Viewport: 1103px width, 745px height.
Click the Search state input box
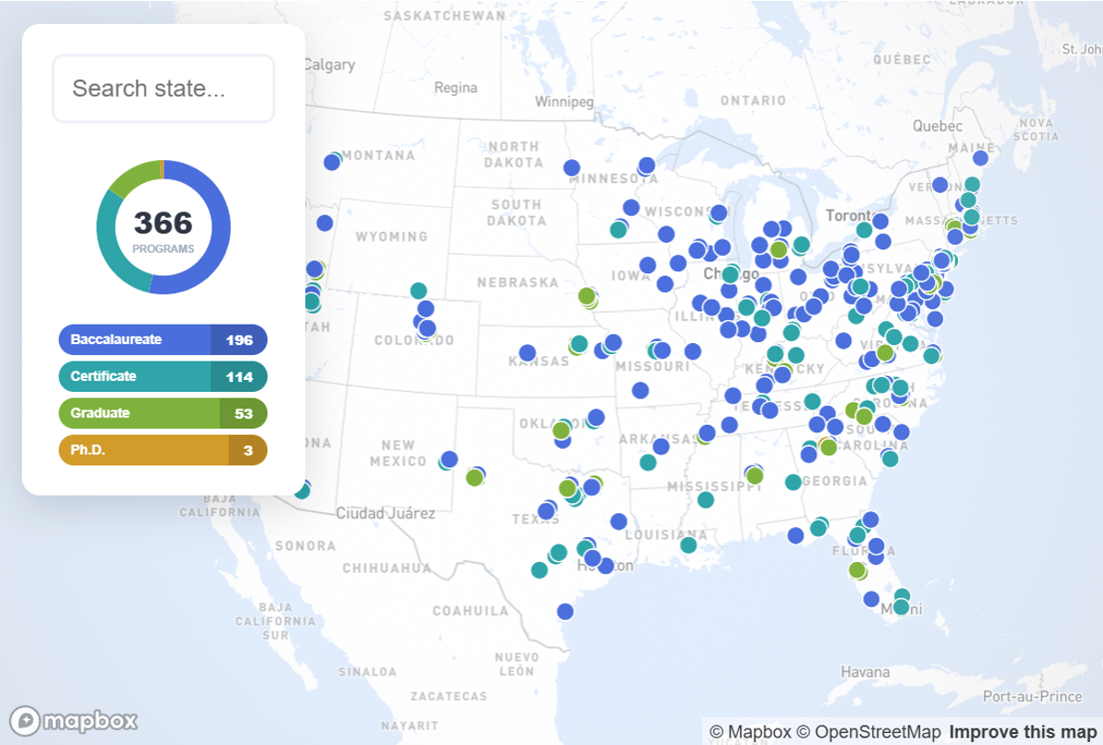(x=164, y=88)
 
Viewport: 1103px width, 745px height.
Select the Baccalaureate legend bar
(x=163, y=339)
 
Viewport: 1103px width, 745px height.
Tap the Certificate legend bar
(x=163, y=376)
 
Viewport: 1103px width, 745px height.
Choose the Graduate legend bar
(x=163, y=413)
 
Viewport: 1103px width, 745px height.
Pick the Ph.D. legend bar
(x=163, y=450)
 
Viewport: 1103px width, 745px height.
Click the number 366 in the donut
(x=164, y=223)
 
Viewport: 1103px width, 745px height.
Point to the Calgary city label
(x=329, y=64)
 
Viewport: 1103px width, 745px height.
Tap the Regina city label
(x=456, y=88)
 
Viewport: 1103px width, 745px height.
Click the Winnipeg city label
(x=564, y=102)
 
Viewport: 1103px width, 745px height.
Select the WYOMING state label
(x=392, y=236)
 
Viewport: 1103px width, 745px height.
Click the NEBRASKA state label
(x=517, y=282)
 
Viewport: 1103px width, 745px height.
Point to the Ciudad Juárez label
(x=386, y=513)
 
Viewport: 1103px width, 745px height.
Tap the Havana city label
(x=865, y=672)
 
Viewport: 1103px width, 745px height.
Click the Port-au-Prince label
(x=1033, y=697)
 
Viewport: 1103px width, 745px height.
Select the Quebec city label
(x=938, y=126)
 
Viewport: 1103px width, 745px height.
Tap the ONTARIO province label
(x=754, y=100)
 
